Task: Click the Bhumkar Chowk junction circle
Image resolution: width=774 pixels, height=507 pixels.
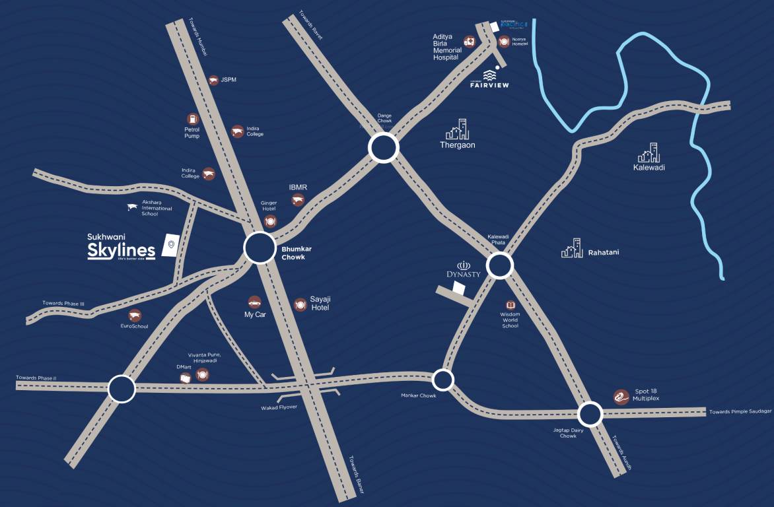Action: tap(260, 248)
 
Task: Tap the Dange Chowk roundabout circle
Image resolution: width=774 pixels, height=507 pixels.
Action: tap(384, 148)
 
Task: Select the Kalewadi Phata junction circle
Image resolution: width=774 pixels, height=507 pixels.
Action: tap(500, 266)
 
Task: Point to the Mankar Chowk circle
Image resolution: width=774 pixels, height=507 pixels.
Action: tap(442, 380)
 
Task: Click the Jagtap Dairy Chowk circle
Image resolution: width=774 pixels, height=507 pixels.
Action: tap(590, 415)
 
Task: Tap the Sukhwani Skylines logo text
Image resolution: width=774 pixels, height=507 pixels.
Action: tap(122, 248)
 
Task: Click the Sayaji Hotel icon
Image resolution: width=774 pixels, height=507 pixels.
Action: tap(300, 304)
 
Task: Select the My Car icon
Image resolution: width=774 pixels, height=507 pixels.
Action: tap(254, 301)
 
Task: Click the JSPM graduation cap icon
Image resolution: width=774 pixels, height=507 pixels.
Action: tap(213, 80)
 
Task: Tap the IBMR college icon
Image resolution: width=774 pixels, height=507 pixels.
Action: tap(298, 200)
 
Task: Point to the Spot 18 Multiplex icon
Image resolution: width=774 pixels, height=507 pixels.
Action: tap(620, 396)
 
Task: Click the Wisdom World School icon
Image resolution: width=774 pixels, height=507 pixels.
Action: tap(510, 305)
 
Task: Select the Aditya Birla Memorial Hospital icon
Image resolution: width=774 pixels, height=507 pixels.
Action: tap(469, 42)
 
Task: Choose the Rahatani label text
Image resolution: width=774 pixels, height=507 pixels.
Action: tap(604, 252)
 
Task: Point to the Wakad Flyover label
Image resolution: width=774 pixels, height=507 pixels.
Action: tap(279, 407)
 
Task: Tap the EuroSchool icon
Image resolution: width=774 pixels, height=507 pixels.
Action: tap(135, 314)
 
